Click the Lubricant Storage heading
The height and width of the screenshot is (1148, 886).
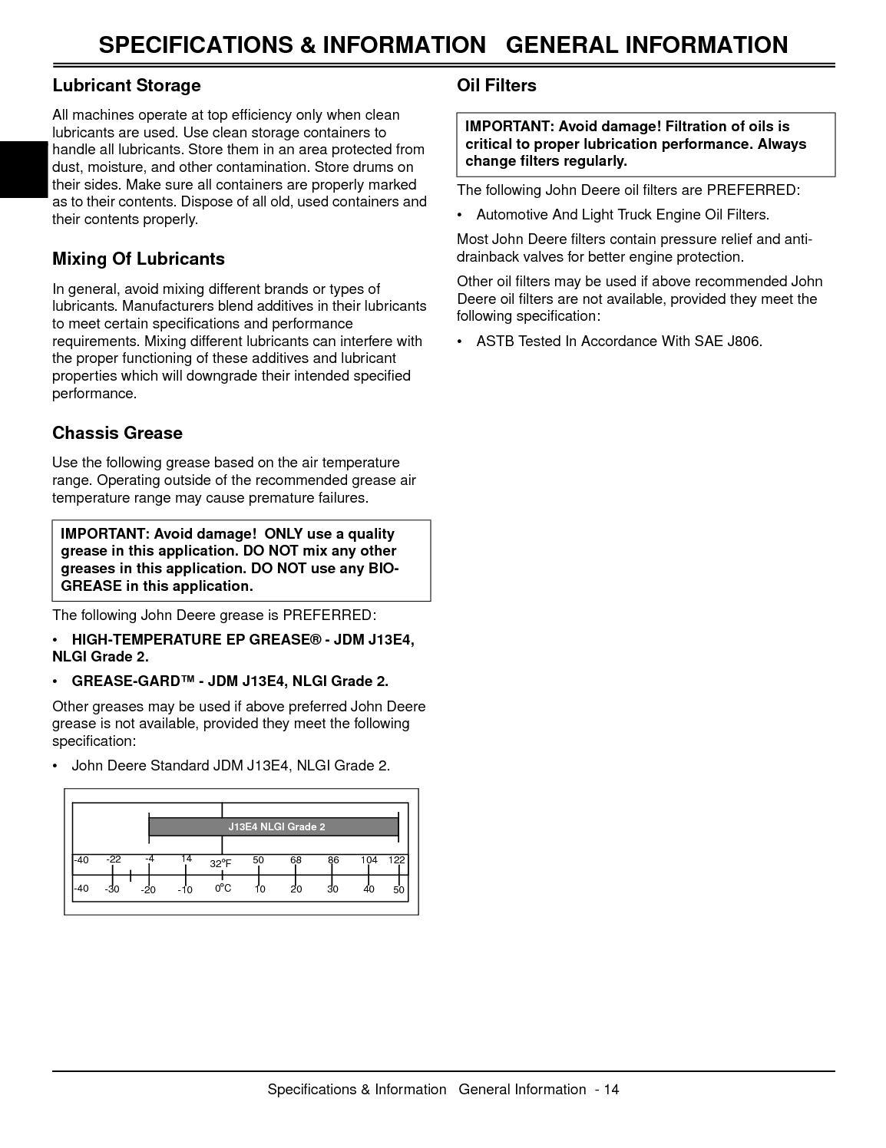coord(126,85)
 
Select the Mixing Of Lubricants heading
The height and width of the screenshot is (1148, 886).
coord(138,259)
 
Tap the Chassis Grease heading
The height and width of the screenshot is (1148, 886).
coord(117,433)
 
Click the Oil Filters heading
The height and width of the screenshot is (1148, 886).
coord(496,85)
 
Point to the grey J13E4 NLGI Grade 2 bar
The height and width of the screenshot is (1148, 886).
coord(273,826)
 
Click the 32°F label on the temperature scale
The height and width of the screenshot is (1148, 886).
coord(220,863)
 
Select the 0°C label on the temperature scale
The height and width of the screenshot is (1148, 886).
coord(223,888)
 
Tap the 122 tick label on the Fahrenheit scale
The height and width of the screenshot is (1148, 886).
coord(396,860)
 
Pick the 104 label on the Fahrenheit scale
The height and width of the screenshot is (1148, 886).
coord(369,860)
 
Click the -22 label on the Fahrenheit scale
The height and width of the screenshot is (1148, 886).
coord(114,859)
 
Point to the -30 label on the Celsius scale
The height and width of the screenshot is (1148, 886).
coord(112,889)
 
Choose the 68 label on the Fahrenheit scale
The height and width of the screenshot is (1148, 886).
coord(296,860)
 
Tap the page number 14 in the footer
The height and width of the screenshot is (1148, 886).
coord(611,1090)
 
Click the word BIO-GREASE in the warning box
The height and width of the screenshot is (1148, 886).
coord(384,569)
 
